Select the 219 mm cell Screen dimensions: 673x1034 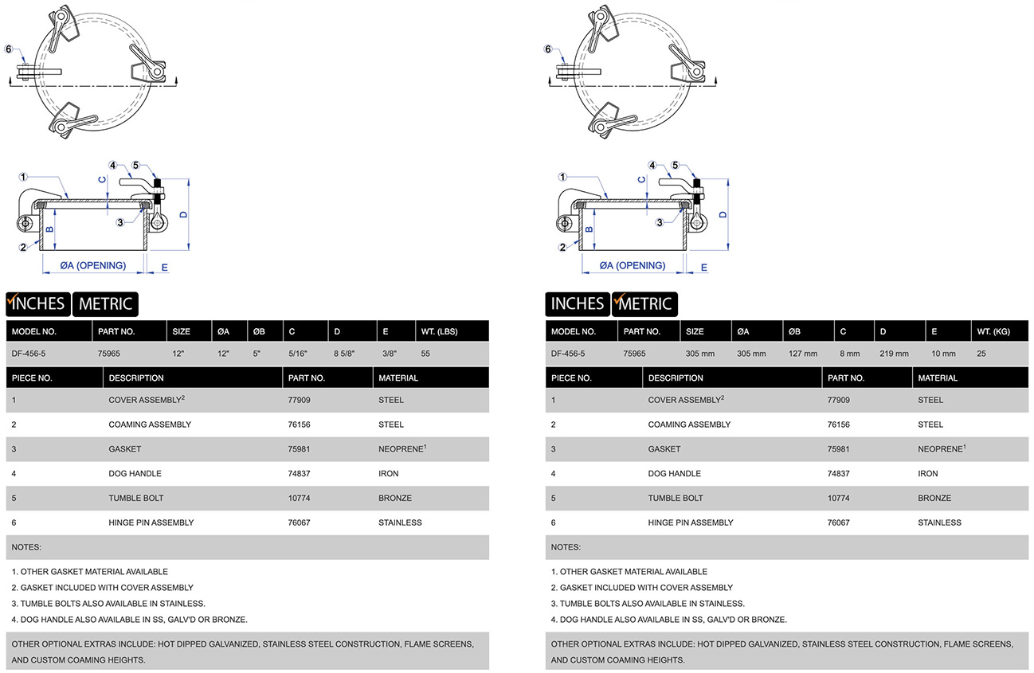(894, 354)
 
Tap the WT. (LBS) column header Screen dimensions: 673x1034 (439, 331)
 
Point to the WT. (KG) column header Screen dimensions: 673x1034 (993, 331)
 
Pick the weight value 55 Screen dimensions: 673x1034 (426, 354)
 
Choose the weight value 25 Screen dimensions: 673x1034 (981, 354)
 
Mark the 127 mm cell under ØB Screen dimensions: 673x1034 (803, 354)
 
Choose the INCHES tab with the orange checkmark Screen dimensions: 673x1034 (37, 303)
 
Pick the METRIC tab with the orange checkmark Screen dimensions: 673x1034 (644, 303)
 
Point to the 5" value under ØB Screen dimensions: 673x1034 (257, 354)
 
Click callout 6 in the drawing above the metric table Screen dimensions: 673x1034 (548, 49)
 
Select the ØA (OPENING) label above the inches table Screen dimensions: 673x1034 (93, 266)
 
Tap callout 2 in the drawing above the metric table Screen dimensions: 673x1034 (562, 247)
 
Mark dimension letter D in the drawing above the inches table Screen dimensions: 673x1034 (183, 213)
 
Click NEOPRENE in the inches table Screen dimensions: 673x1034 (401, 449)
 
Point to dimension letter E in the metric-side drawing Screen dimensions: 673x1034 (703, 268)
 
